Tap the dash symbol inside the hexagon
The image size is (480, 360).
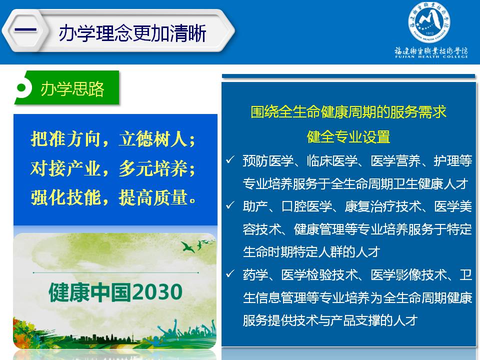(x=25, y=30)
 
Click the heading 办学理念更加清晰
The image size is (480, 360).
(x=132, y=33)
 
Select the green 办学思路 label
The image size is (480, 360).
(x=72, y=89)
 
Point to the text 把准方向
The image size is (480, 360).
(x=65, y=139)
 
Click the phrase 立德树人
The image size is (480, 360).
(x=153, y=139)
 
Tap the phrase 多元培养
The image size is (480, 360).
(x=153, y=168)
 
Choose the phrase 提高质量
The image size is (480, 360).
(x=153, y=197)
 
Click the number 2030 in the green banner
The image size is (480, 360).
(x=158, y=292)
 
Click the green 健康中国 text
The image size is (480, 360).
(x=91, y=292)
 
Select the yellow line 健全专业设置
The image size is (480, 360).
(x=348, y=136)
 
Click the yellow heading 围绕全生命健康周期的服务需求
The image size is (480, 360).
(x=348, y=111)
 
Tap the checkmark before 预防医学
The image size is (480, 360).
(x=230, y=159)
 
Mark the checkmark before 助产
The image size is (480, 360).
(x=230, y=205)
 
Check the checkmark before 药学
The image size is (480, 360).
(x=230, y=273)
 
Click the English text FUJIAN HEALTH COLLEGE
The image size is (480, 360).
(x=431, y=56)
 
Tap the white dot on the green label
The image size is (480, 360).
(x=21, y=88)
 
